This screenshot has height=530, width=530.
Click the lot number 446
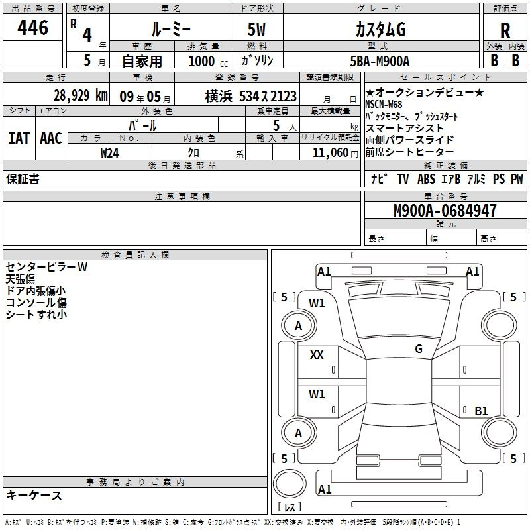[33, 28]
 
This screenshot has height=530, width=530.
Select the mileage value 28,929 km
[80, 95]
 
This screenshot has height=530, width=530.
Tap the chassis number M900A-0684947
[445, 211]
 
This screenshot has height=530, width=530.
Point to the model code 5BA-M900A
[380, 61]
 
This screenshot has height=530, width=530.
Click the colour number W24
[110, 152]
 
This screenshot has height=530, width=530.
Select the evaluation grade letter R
[505, 30]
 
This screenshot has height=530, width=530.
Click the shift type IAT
[18, 138]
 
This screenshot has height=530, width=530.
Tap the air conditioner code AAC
[50, 138]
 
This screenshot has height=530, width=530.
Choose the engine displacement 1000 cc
[207, 61]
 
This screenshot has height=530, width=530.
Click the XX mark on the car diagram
[317, 355]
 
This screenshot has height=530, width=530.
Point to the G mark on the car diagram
[418, 348]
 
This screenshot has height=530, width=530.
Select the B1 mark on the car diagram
[481, 411]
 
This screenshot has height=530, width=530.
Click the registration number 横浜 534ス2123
[250, 96]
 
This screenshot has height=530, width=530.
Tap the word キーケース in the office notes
[34, 496]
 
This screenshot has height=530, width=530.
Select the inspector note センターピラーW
[46, 267]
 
